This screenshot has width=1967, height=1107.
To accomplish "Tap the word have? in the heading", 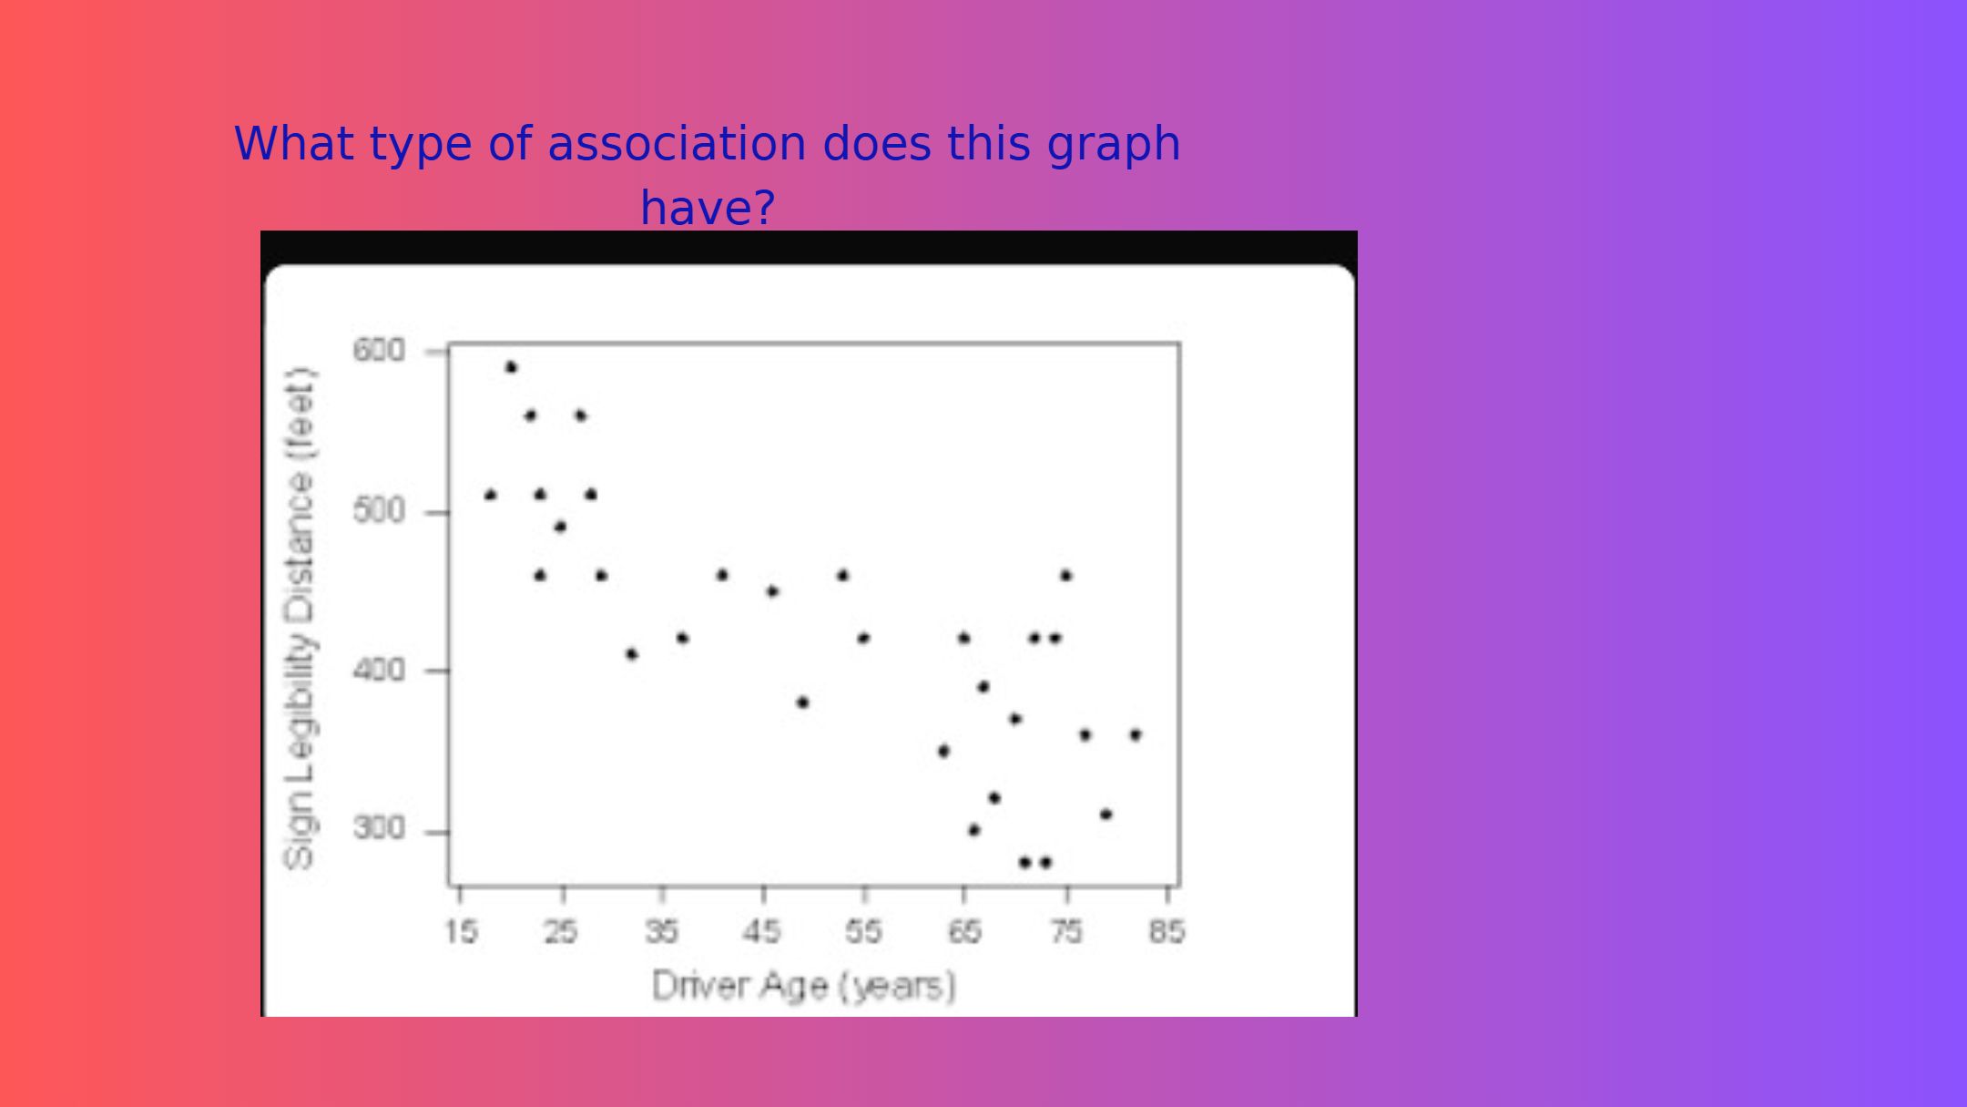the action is pos(708,208).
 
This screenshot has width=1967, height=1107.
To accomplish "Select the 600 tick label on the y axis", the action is pos(379,350).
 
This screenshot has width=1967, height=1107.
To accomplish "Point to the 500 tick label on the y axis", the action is pos(379,511).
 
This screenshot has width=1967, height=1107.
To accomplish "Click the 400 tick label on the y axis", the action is pos(379,671).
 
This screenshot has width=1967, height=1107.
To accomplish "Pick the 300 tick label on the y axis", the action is pos(379,829).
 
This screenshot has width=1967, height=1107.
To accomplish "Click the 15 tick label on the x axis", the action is pos(461,931).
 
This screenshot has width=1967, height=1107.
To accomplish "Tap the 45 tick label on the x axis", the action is pos(761,931).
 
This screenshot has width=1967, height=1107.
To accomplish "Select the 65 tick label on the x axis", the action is pos(964,931).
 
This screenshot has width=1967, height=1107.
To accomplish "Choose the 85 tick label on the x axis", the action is pos(1167,931).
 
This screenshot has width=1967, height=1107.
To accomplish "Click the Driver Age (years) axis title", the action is pos(804,986).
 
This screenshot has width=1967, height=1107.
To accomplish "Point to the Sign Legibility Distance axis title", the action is pos(300,618).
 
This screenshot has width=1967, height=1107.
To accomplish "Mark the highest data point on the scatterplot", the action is pos(511,367).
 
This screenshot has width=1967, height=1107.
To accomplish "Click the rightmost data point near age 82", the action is pos(1136,734).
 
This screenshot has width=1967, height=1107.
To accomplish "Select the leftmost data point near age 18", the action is pos(490,495).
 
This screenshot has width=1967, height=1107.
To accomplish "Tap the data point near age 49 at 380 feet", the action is pos(802,702).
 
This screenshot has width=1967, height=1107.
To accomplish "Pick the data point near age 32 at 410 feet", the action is pos(631,654).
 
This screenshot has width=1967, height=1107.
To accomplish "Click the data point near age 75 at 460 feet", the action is pos(1065,575).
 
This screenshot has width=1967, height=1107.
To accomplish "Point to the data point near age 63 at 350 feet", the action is pos(943,751).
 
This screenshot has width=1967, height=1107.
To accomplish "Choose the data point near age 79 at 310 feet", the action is pos(1106,814).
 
